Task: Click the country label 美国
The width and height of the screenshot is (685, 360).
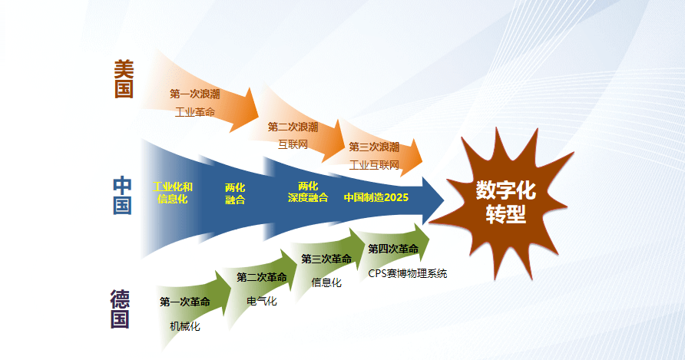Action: (x=124, y=80)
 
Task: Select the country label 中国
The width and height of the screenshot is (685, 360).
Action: (x=123, y=196)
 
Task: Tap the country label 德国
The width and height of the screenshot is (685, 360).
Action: (x=120, y=309)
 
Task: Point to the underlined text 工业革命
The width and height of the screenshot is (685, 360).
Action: (x=195, y=112)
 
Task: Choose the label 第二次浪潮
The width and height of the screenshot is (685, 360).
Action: (x=293, y=127)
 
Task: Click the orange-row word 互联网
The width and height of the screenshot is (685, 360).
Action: (x=293, y=144)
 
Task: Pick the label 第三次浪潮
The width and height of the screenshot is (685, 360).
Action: (x=374, y=147)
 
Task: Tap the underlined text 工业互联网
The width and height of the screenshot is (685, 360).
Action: (x=374, y=164)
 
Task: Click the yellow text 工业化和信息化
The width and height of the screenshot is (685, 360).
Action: (x=173, y=193)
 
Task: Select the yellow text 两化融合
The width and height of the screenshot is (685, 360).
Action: (x=235, y=193)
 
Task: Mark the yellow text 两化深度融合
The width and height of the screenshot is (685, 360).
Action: (x=307, y=192)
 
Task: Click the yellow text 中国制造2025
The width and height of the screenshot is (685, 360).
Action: (x=376, y=197)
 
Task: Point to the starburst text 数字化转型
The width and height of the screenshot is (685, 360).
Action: (x=505, y=201)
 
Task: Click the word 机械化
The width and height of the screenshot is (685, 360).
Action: (x=184, y=326)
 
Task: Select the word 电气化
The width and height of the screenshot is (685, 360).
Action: (x=261, y=301)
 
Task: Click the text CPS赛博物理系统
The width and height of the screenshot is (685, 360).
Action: (x=407, y=273)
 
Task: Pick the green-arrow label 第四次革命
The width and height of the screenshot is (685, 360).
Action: (x=393, y=249)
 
